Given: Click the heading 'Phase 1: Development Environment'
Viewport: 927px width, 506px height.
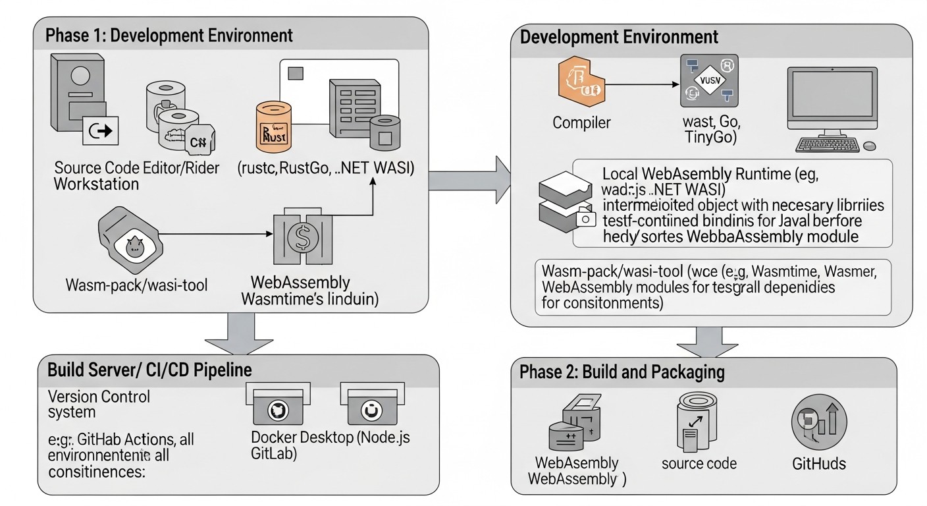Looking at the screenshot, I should (x=169, y=35).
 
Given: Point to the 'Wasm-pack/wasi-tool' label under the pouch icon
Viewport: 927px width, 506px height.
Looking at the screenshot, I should (x=137, y=285).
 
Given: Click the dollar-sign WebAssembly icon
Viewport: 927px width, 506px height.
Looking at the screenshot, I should (x=303, y=237).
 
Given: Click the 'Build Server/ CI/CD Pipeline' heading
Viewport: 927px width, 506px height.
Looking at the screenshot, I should (x=149, y=369).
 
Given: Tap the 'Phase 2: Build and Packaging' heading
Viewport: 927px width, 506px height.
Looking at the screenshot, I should (x=622, y=372).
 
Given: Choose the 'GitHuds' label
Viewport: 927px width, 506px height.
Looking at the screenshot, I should (x=819, y=464).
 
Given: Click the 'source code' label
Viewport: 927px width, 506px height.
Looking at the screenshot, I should (x=699, y=463).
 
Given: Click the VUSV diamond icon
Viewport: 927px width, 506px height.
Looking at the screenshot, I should (x=708, y=81).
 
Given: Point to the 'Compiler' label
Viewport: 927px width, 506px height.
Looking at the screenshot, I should (x=581, y=123).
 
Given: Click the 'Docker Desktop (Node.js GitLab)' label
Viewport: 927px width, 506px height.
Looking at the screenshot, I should (x=331, y=445).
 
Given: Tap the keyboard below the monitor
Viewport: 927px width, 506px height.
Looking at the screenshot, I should (x=828, y=144).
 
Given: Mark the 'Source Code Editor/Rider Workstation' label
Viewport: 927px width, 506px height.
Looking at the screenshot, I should (x=137, y=175).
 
